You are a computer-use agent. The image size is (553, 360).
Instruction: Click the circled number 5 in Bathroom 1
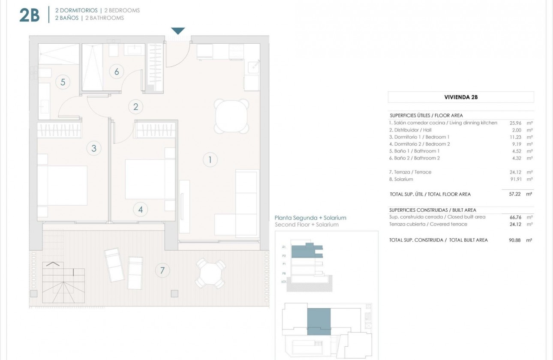[63, 82]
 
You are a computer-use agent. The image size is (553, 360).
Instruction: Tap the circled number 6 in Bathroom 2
[116, 72]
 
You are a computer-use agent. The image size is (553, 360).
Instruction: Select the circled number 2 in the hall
[136, 107]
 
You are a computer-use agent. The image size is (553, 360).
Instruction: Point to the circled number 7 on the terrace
[162, 270]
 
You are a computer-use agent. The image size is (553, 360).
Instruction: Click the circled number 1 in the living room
[210, 160]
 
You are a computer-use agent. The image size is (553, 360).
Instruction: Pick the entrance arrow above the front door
[178, 31]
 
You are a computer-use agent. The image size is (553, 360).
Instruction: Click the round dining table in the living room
[231, 116]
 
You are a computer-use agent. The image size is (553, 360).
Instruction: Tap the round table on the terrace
[210, 273]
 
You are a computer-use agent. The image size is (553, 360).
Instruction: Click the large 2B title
[30, 15]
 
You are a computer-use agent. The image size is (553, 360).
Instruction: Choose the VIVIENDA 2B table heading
[461, 97]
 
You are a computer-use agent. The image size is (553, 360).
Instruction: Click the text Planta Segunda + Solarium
[310, 218]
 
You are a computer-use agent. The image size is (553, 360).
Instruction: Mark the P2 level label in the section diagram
[284, 255]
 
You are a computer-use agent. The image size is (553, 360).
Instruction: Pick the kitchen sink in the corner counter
[254, 66]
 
